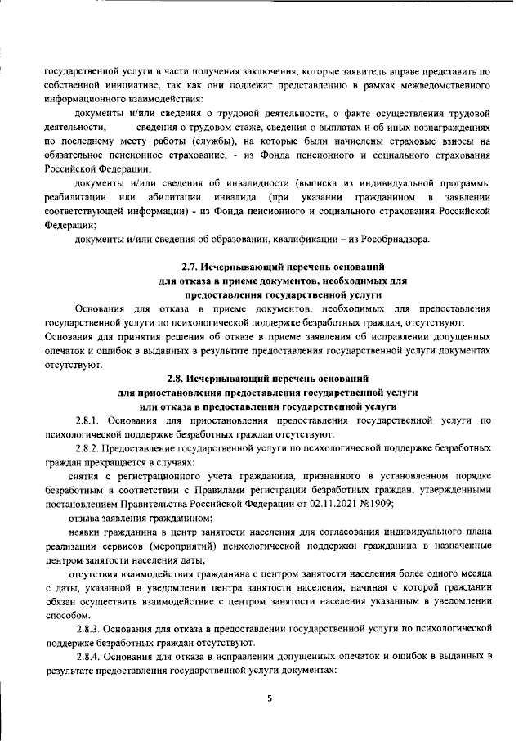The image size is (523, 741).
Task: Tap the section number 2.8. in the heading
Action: pos(177,378)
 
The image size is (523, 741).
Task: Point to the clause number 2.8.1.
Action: pos(88,420)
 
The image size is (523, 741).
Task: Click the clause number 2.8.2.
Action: pos(88,448)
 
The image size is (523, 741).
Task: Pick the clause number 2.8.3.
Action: pos(88,627)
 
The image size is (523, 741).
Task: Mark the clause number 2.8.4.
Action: pos(88,656)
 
